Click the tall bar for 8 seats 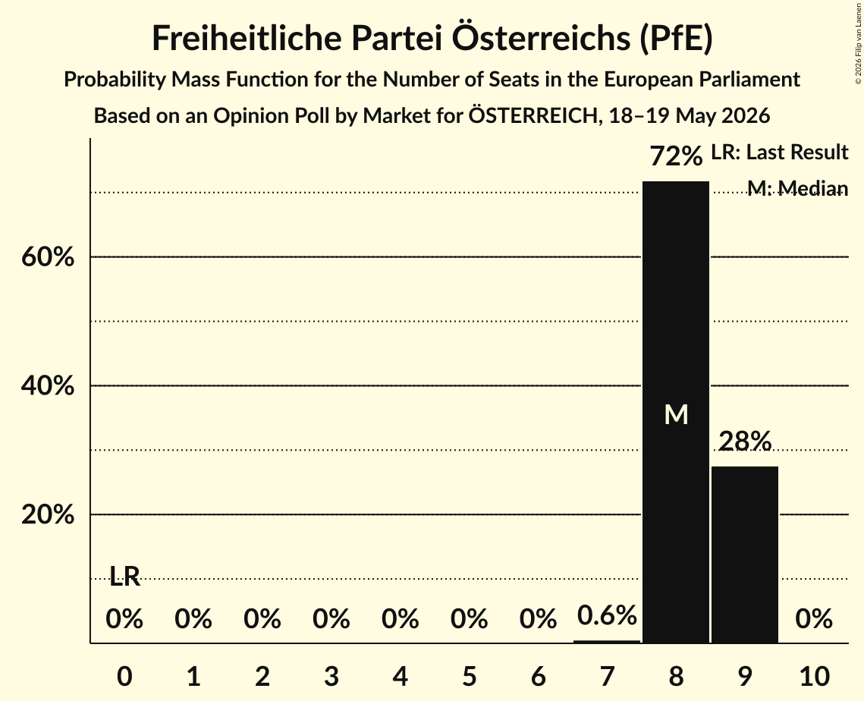(676, 412)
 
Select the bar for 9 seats (744, 555)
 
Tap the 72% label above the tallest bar (676, 156)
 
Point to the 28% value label (745, 441)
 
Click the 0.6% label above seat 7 (607, 615)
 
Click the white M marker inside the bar (676, 415)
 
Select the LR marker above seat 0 (124, 577)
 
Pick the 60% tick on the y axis (48, 257)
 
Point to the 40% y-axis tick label (48, 385)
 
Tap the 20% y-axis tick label (48, 514)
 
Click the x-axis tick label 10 (814, 676)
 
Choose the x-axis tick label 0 (124, 676)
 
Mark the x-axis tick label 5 (469, 676)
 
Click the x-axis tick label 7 (607, 676)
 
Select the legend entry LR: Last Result (780, 152)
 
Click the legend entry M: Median (798, 188)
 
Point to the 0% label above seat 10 (814, 619)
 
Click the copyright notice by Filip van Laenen (859, 43)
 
